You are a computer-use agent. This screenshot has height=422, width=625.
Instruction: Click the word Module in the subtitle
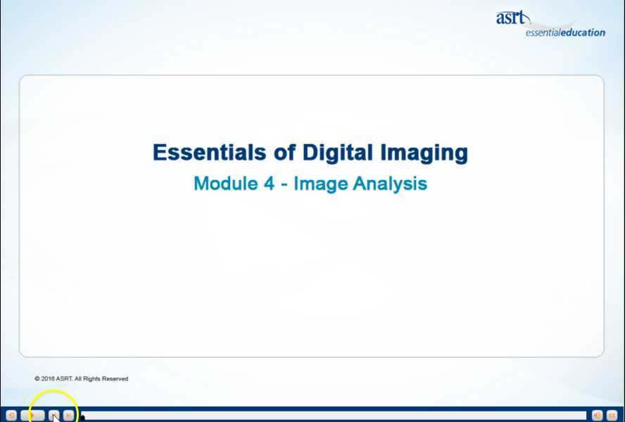(225, 184)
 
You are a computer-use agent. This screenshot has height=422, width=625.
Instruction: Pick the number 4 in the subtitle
(269, 184)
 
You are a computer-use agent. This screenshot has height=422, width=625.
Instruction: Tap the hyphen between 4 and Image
(284, 184)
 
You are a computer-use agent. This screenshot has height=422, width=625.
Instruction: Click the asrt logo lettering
(510, 18)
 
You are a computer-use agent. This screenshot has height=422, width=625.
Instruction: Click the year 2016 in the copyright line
(47, 378)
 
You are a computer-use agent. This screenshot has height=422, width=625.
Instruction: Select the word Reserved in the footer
(115, 378)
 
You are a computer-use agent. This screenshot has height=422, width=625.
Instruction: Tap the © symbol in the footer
(37, 378)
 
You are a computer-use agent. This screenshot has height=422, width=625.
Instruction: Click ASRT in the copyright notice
(64, 378)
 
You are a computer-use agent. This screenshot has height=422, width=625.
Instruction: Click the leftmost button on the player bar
(11, 416)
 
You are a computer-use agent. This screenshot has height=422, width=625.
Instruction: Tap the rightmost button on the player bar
(612, 416)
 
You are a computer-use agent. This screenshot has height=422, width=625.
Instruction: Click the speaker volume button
(597, 416)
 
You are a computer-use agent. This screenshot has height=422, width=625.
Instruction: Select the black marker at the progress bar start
(82, 417)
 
